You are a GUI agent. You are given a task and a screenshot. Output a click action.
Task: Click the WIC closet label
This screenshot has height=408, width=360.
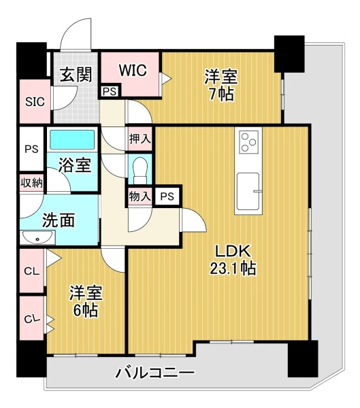133,70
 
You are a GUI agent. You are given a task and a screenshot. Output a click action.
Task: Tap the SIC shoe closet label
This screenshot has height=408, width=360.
35,101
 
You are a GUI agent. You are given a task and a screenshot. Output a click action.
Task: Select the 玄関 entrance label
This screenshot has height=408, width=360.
76,75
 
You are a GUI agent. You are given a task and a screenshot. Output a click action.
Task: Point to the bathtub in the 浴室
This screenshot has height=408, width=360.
72,139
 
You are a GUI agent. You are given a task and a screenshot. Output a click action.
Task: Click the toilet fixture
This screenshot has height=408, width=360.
140,170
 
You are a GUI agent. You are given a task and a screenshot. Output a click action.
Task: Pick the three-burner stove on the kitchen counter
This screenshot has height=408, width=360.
248,142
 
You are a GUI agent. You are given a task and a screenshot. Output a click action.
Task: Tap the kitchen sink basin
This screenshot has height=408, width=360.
248,191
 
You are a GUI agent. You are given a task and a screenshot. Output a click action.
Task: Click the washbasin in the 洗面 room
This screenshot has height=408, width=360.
37,237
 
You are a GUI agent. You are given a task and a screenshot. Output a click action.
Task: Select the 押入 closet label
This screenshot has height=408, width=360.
140,139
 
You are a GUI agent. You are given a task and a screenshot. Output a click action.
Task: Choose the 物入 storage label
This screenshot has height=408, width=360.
140,197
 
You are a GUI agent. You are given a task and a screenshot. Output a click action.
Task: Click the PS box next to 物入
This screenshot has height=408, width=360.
167,197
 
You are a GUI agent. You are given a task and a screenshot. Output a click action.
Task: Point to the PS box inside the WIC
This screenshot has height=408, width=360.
110,91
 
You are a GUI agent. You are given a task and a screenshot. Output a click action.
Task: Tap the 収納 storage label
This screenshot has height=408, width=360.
31,183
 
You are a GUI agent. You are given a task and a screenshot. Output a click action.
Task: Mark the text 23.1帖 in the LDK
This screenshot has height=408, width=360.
233,269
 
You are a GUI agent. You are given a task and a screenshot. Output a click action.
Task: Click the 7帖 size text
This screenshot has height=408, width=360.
221,95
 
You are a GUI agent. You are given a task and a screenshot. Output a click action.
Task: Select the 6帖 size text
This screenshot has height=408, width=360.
86,311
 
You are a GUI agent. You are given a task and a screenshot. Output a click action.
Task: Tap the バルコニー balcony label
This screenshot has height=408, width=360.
155,373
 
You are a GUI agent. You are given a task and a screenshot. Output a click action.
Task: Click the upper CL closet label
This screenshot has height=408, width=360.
32,271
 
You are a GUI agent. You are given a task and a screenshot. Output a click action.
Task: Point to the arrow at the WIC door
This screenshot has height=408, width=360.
165,78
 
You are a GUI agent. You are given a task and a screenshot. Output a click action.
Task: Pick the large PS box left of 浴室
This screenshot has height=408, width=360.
31,149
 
